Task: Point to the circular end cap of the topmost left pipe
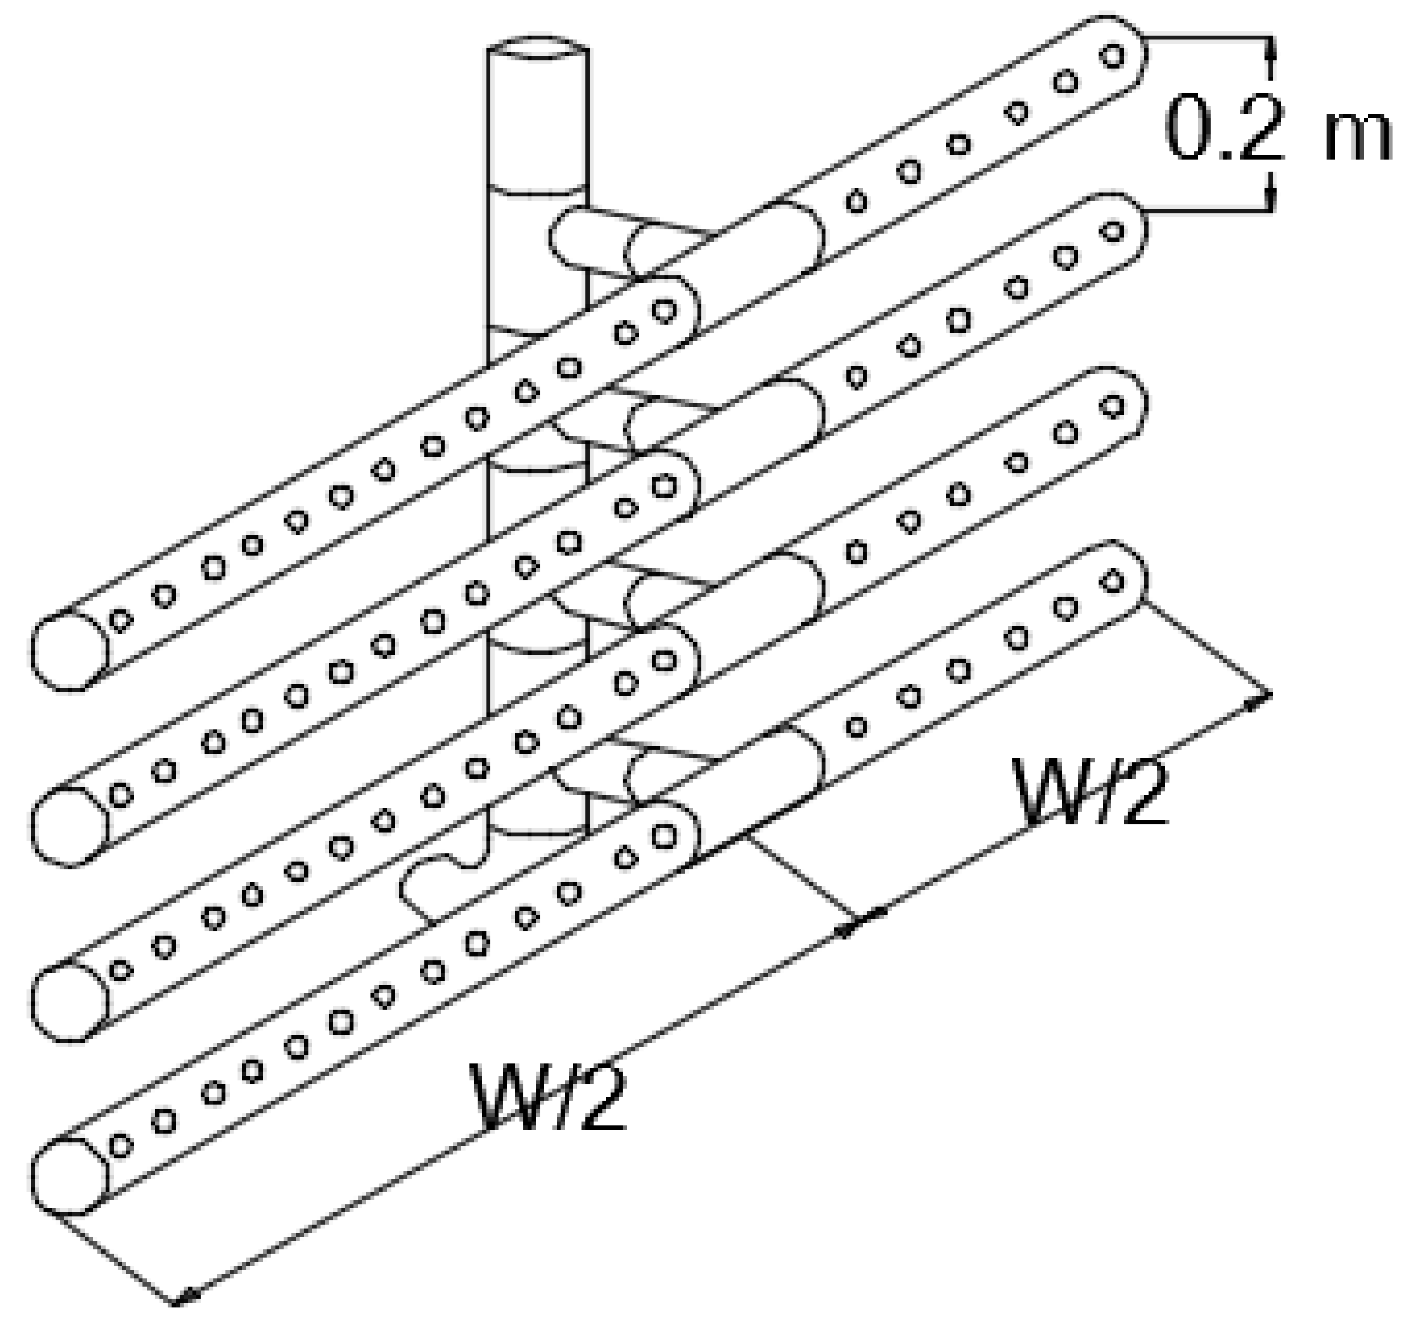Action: (69, 650)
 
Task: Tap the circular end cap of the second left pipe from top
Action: (69, 827)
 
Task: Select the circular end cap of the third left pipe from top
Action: (69, 1001)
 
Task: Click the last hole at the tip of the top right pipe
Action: (1113, 55)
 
